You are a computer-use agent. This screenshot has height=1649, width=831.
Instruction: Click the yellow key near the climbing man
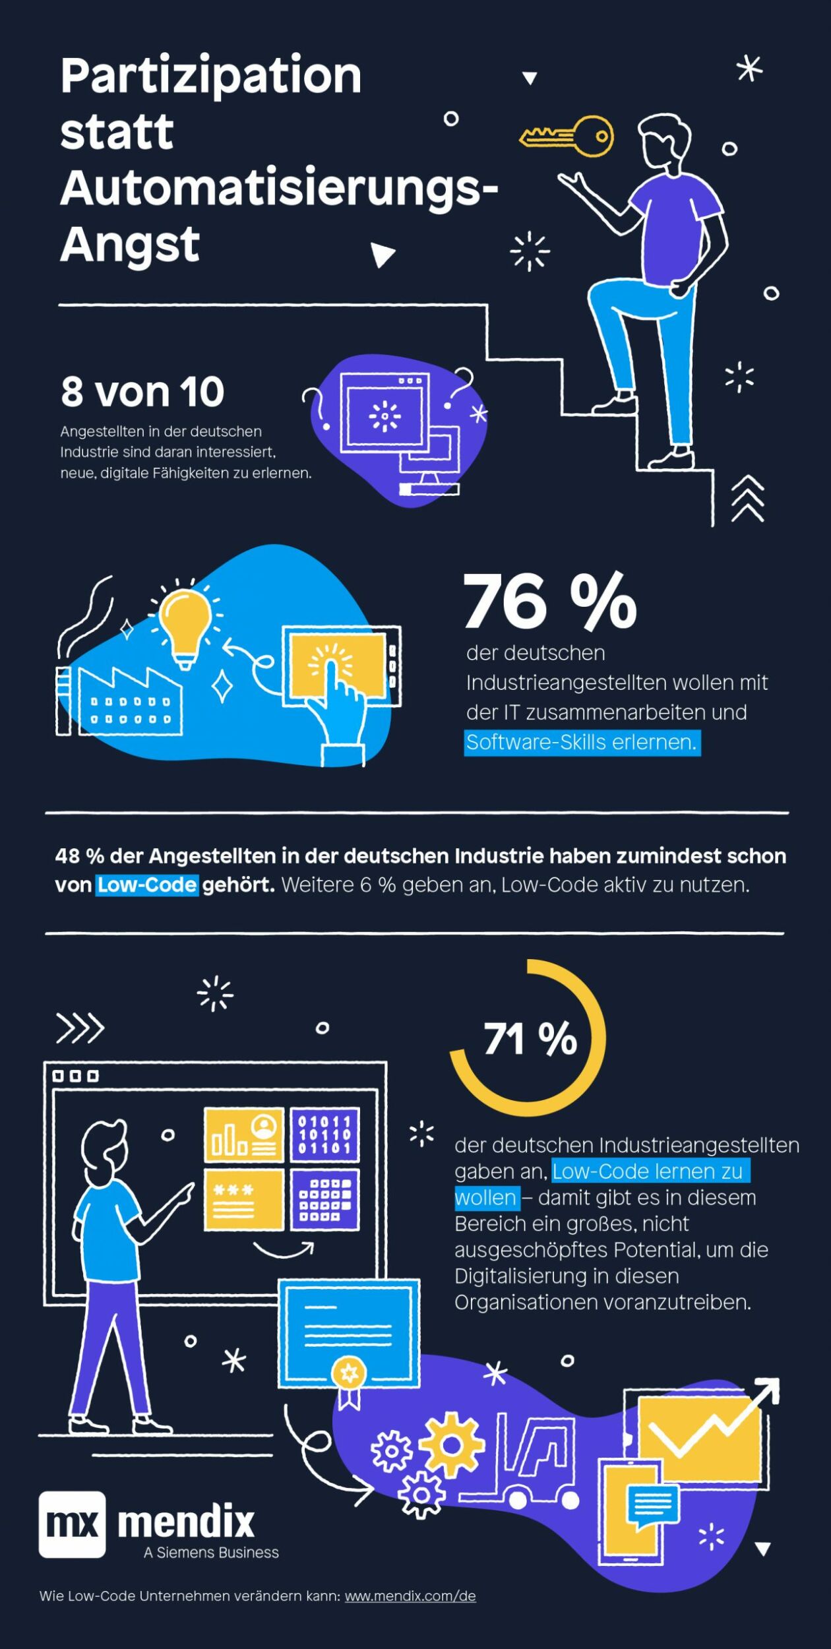(x=567, y=136)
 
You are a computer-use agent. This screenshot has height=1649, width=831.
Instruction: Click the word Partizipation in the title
(x=211, y=76)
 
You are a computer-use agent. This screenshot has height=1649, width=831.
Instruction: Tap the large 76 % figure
(x=549, y=602)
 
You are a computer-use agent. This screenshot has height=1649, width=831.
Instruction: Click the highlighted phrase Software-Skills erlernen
(x=581, y=743)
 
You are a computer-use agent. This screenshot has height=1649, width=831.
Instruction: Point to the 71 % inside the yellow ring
(x=530, y=1040)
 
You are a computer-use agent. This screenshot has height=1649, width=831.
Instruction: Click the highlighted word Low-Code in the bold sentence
(x=147, y=885)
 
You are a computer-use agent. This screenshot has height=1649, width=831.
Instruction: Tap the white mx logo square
(x=72, y=1524)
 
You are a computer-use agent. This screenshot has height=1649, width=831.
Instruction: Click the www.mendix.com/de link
(x=410, y=1596)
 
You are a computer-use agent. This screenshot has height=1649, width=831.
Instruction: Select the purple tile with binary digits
(x=324, y=1135)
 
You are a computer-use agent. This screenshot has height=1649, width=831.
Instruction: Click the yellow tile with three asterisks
(x=243, y=1200)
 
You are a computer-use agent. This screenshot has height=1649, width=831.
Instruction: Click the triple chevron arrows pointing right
(x=80, y=1028)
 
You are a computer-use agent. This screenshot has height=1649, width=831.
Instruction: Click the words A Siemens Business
(x=211, y=1553)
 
